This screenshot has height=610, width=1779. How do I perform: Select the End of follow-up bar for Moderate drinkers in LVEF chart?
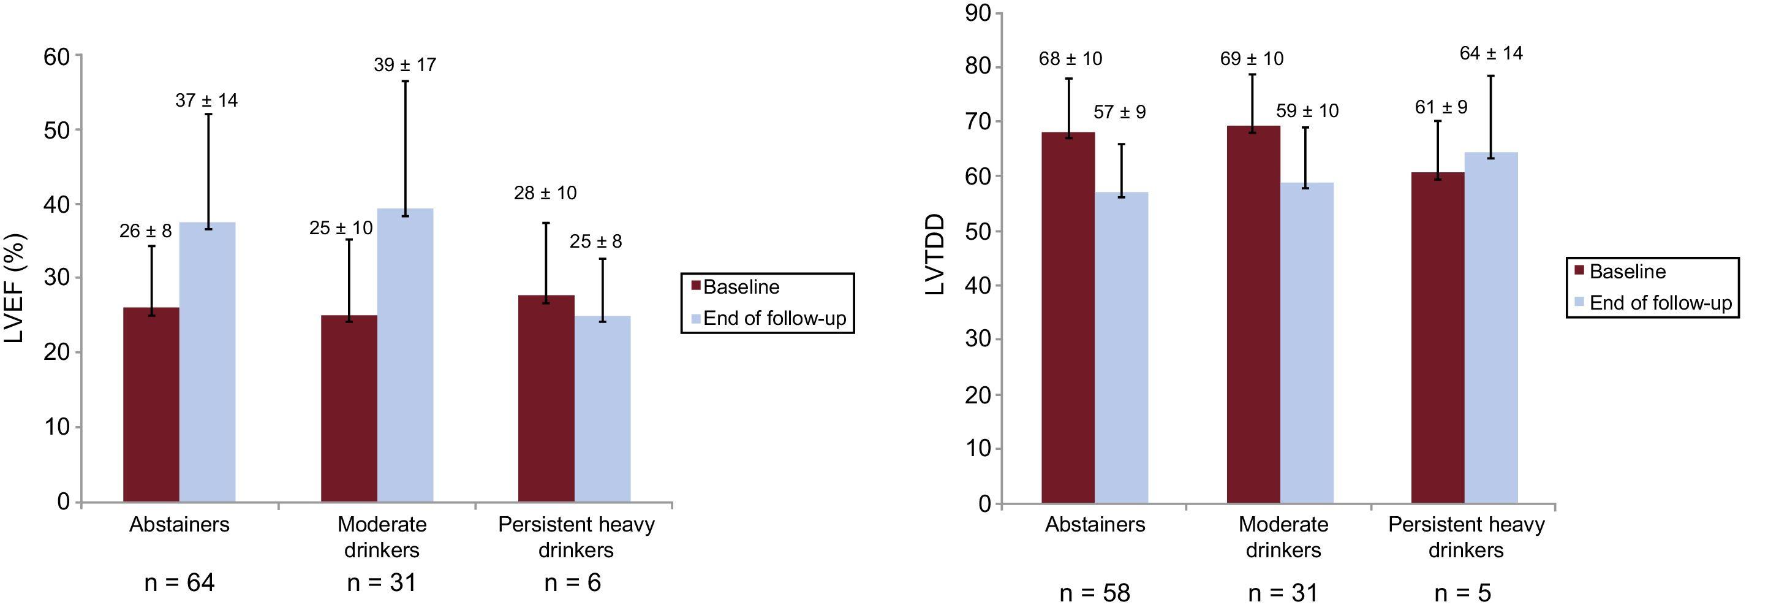tap(405, 355)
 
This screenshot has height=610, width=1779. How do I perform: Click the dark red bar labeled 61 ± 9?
tap(1437, 338)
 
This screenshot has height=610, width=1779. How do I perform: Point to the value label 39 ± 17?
tap(405, 65)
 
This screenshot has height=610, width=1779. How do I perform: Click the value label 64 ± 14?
tap(1491, 53)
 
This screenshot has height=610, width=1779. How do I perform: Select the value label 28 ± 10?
tap(545, 193)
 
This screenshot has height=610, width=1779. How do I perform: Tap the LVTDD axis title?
tap(934, 255)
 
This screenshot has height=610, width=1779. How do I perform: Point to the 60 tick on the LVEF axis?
tap(56, 56)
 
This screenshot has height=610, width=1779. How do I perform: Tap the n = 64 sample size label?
tap(179, 583)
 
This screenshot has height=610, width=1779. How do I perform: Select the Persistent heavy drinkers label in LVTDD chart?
tap(1465, 537)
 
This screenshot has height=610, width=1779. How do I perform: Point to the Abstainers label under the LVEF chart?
tap(179, 524)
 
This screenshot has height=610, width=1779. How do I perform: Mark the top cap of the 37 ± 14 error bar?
tap(206, 114)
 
